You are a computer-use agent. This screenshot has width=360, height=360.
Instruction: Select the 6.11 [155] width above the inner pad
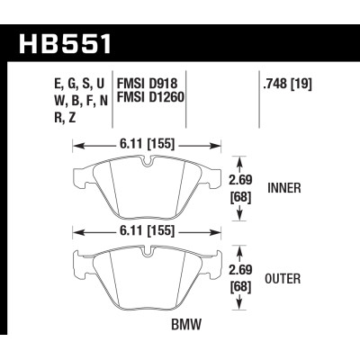[x=149, y=143]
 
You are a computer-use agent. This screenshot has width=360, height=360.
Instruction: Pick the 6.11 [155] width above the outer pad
[x=149, y=232]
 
